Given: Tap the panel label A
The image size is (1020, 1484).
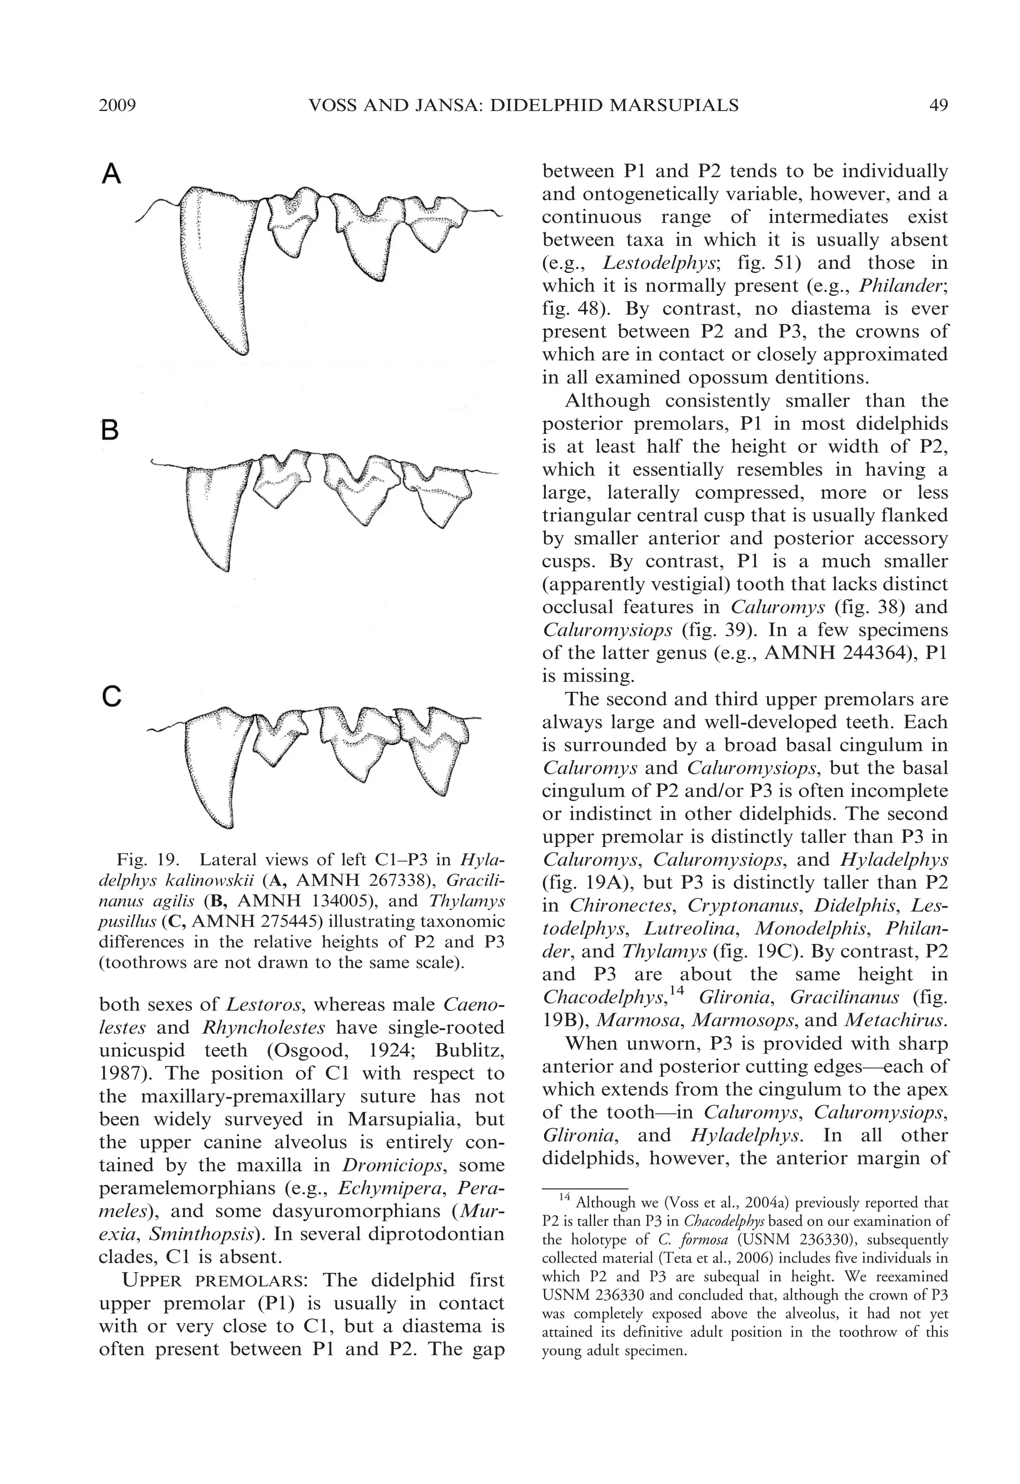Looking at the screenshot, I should click(x=112, y=173).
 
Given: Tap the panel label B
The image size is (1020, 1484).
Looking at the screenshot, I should click(x=110, y=430).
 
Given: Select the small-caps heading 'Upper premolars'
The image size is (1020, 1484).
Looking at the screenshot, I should click(x=215, y=1281).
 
